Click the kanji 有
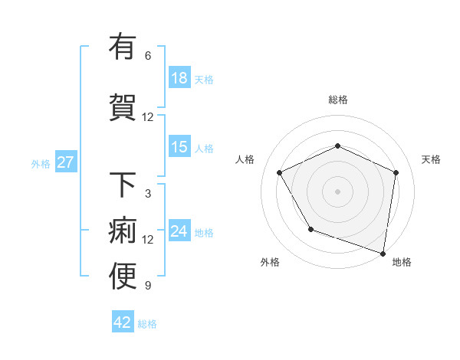coord(123,47)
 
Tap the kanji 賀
coord(123,108)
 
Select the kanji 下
coord(123,185)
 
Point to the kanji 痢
coord(123,231)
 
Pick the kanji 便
coord(123,277)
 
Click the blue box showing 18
coord(179,79)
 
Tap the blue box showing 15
coord(179,148)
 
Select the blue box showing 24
coord(179,232)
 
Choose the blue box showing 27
coord(65,162)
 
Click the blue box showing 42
coord(123,322)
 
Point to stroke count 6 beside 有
coord(148,56)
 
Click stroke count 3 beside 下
coord(148,194)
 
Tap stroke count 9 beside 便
coord(148,286)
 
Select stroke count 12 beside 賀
coord(148,117)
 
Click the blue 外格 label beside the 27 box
coord(41,163)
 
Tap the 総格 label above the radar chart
coord(337,100)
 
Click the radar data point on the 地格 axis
coord(383,252)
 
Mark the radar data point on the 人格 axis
coord(280,172)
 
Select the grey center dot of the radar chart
coord(337,191)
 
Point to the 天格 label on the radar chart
coord(431,159)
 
